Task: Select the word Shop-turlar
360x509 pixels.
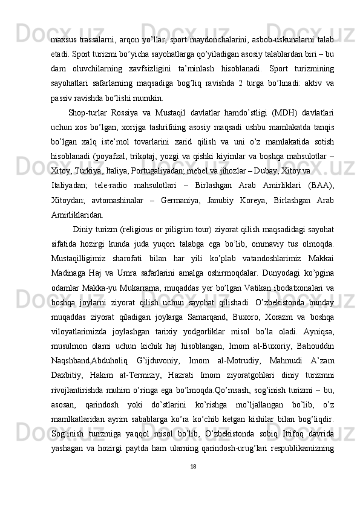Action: (x=89, y=112)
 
